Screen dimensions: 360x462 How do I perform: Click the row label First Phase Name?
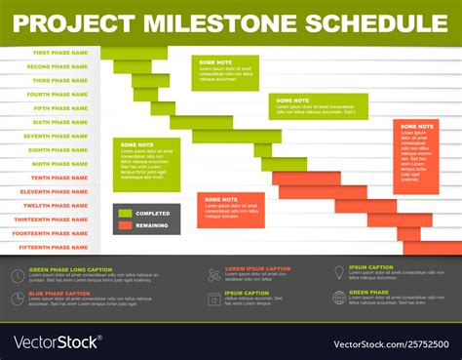point(60,53)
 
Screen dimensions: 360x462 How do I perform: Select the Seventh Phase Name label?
point(57,136)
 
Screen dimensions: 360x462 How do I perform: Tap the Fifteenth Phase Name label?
point(55,247)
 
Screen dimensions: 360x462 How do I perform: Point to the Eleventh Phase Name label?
point(56,191)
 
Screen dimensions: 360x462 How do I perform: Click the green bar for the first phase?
point(134,53)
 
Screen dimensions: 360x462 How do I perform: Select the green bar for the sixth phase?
point(201,122)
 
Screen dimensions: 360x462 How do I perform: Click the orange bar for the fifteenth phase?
point(432,248)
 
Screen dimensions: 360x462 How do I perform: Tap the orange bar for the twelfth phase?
point(366,206)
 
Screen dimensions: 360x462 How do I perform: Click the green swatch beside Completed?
point(125,213)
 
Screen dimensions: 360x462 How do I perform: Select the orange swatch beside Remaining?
point(125,225)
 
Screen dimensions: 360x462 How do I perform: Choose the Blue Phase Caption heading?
point(59,293)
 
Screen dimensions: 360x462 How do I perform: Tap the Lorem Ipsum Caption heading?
point(257,268)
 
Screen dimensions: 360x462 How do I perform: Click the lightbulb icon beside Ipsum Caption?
point(339,272)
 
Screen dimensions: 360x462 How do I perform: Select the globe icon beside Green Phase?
point(339,297)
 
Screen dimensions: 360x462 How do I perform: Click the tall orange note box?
point(416,156)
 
